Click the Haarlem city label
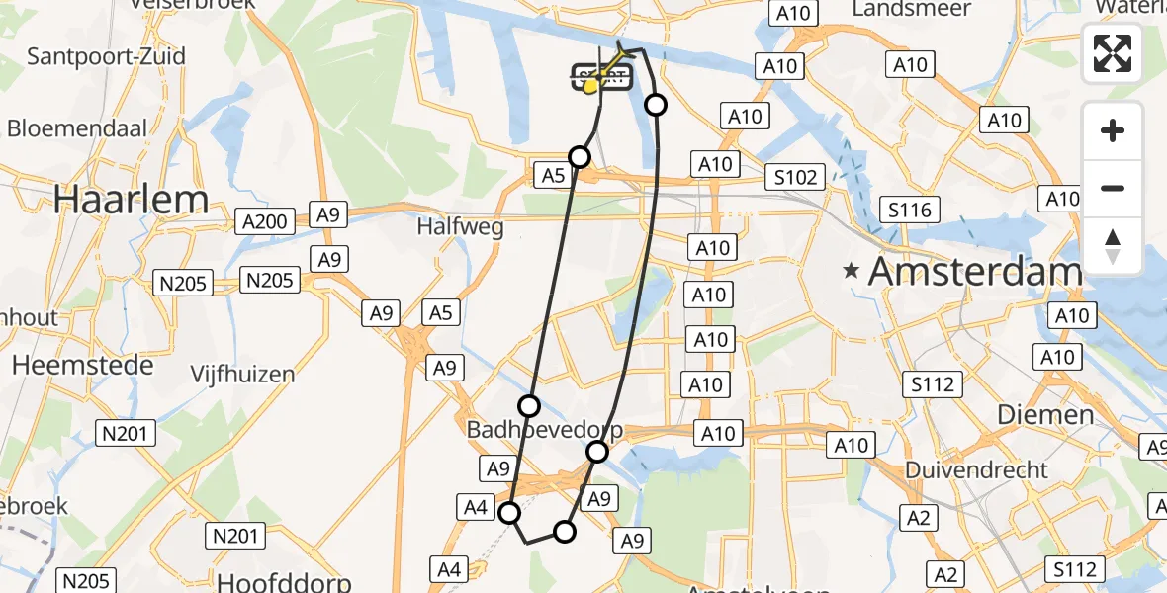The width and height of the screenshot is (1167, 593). [x=131, y=199]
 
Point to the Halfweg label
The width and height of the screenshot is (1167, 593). [x=460, y=227]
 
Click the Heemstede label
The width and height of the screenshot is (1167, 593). [x=83, y=365]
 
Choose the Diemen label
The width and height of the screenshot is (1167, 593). [x=1045, y=414]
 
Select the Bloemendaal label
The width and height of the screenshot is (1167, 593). [x=77, y=128]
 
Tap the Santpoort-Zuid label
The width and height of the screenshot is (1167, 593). [x=106, y=56]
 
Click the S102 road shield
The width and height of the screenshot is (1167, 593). [x=796, y=177]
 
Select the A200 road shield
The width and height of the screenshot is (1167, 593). [x=264, y=220]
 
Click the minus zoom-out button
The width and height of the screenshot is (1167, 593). [x=1113, y=188]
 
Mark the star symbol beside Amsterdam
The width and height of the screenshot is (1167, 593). [x=851, y=270]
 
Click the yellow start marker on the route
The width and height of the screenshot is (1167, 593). [x=591, y=86]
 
